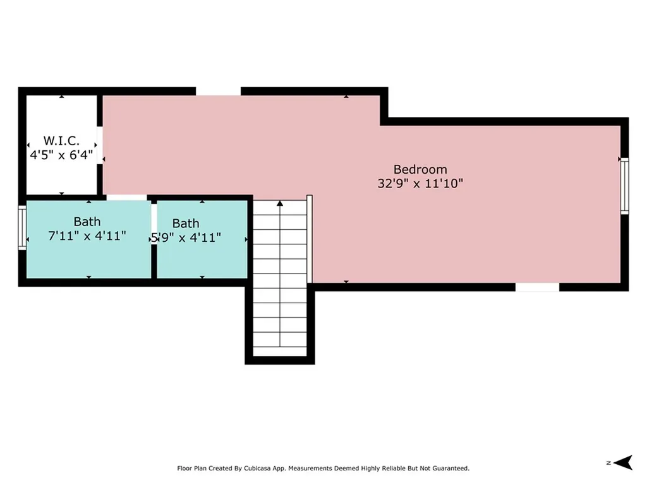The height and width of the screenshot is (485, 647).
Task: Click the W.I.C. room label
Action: tap(61, 141)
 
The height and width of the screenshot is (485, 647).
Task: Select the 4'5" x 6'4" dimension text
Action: tap(61, 155)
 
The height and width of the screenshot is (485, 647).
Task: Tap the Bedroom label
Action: tap(420, 169)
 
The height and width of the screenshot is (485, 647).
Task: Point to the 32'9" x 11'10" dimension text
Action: tap(420, 184)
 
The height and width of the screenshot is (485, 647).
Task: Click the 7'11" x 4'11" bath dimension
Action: tap(87, 236)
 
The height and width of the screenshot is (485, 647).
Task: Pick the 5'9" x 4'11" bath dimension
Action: tap(186, 237)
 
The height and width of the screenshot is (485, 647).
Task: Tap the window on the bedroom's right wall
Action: tap(625, 186)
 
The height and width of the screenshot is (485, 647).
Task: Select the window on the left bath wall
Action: tap(22, 227)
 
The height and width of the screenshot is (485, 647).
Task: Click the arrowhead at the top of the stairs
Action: tap(280, 203)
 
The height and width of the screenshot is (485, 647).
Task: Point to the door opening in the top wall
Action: tap(218, 91)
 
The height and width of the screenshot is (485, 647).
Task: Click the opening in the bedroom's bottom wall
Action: tap(537, 287)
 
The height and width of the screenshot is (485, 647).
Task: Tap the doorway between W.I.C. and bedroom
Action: tap(100, 146)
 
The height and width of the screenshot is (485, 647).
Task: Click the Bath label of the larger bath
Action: tap(87, 222)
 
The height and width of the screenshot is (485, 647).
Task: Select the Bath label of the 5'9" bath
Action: tap(186, 224)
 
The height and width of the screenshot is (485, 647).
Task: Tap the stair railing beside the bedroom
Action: tap(310, 239)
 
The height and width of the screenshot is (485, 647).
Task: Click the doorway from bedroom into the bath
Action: tap(126, 198)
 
